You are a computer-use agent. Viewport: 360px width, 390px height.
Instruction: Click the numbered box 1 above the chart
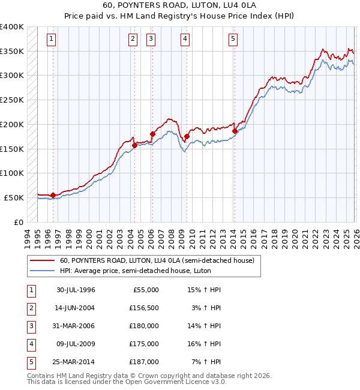pos(52,40)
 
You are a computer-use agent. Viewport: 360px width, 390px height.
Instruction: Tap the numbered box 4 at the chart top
pos(185,40)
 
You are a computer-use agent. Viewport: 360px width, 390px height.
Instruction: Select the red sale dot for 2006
pos(152,134)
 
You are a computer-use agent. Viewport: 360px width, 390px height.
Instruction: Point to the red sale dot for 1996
pos(53,194)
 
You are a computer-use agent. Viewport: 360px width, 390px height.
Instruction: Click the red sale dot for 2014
pos(235,130)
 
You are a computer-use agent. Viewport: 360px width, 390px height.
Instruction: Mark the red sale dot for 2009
pos(187,137)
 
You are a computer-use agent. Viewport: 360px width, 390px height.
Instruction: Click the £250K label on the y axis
pos(12,100)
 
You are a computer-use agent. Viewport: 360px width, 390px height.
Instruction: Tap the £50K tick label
pos(14,197)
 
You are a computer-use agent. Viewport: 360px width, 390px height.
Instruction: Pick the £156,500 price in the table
pos(145,308)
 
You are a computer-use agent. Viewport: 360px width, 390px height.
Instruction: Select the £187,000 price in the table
pos(145,362)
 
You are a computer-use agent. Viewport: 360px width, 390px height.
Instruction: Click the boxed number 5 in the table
pos(30,362)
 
